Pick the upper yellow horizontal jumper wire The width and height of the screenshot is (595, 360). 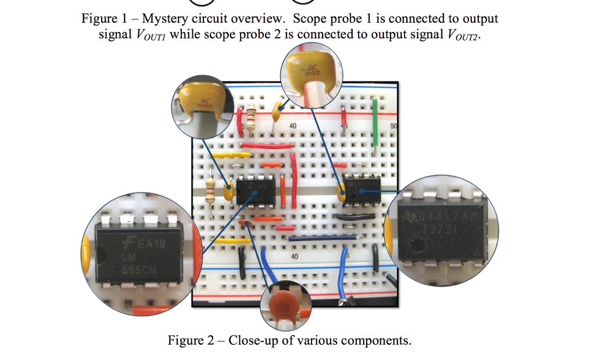230,155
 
